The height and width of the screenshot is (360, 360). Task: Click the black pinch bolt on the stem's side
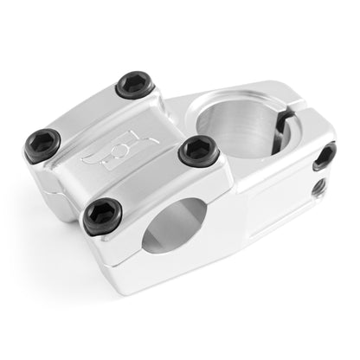pyautogui.click(x=325, y=156)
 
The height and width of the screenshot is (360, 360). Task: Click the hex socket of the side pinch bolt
pyautogui.click(x=325, y=156)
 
